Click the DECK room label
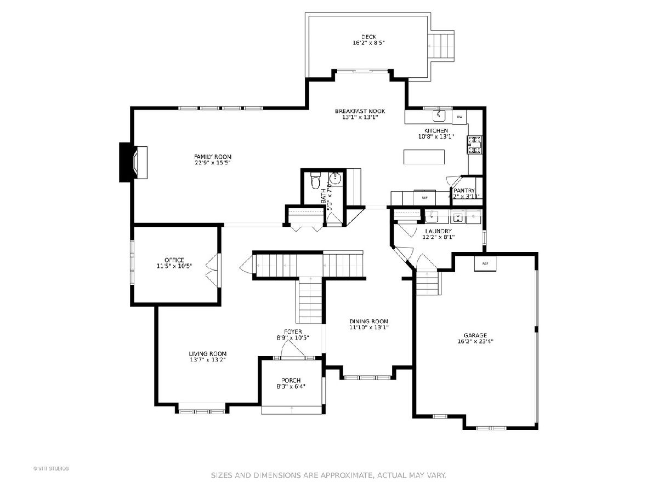pyautogui.click(x=368, y=37)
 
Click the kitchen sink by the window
pyautogui.click(x=439, y=116)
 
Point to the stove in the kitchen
pyautogui.click(x=474, y=145)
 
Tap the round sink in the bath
pyautogui.click(x=336, y=177)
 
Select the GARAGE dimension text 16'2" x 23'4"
pyautogui.click(x=475, y=341)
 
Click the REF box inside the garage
pyautogui.click(x=485, y=264)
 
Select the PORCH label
pyautogui.click(x=291, y=381)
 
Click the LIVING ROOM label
pyautogui.click(x=207, y=354)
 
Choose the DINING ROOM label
pyautogui.click(x=369, y=322)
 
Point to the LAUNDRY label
pyautogui.click(x=438, y=231)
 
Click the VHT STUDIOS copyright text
pyautogui.click(x=51, y=468)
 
